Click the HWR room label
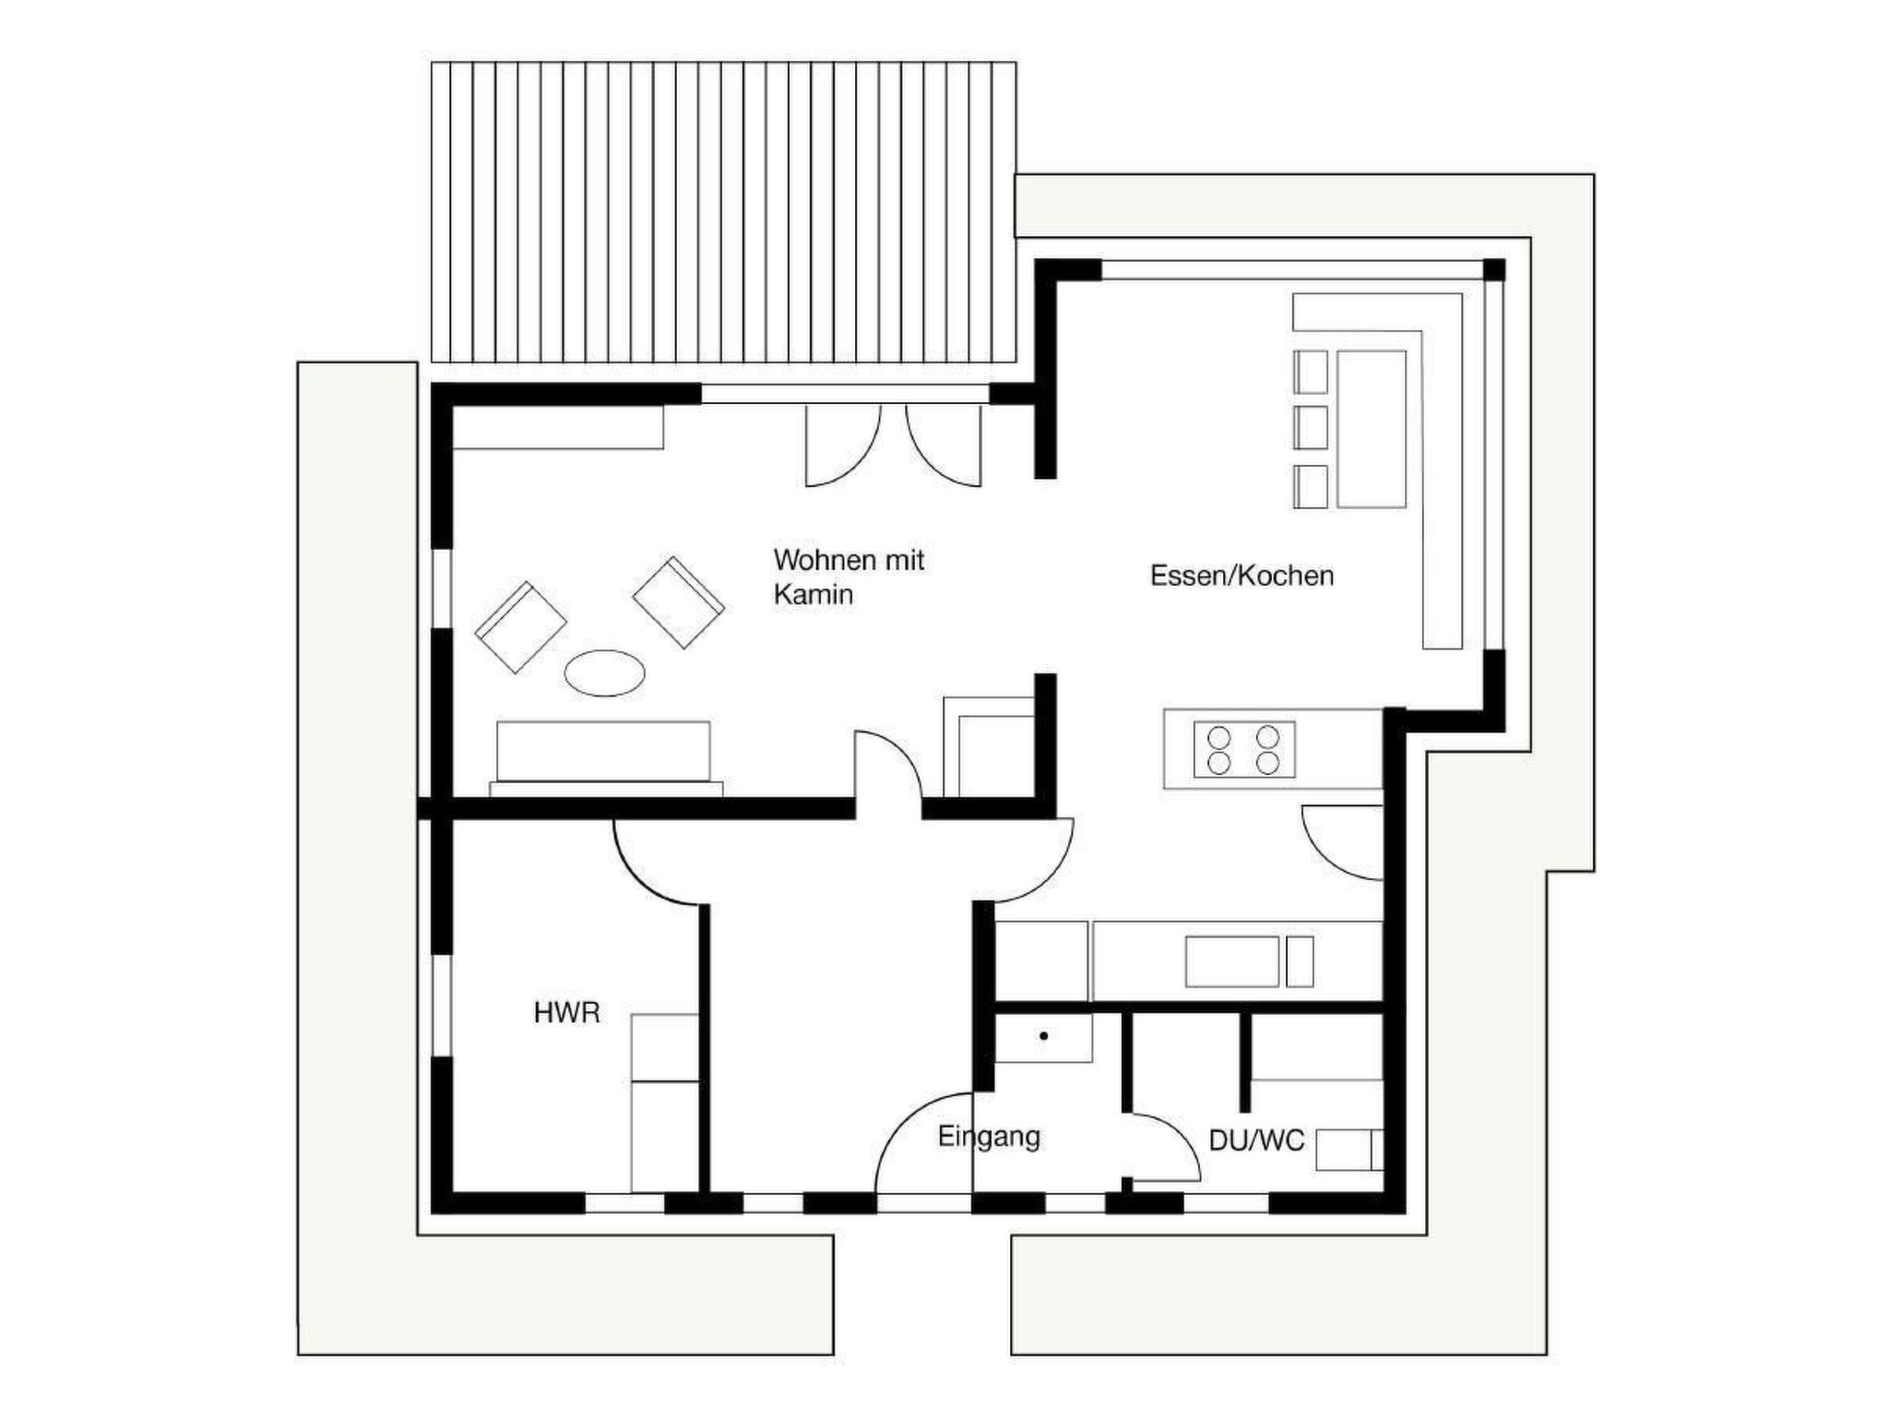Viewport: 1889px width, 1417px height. [566, 1013]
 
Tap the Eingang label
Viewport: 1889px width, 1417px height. [989, 1137]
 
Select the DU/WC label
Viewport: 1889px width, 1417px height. [1256, 1141]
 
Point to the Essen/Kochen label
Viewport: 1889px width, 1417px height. [1242, 576]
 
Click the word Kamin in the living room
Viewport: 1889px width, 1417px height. [813, 595]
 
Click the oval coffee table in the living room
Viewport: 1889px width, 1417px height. [604, 673]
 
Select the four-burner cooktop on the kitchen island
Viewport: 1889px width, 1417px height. [1243, 749]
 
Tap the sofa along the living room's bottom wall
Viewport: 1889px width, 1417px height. [605, 757]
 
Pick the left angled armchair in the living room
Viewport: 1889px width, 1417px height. [520, 626]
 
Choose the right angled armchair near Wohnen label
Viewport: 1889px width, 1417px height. [678, 601]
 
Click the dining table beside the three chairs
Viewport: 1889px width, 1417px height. [1372, 429]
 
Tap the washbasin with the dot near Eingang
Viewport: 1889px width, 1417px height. [1043, 1038]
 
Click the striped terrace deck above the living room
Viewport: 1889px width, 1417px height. [723, 212]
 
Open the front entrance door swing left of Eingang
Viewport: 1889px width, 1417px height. [923, 1143]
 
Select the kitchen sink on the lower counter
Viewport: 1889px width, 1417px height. [1232, 961]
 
